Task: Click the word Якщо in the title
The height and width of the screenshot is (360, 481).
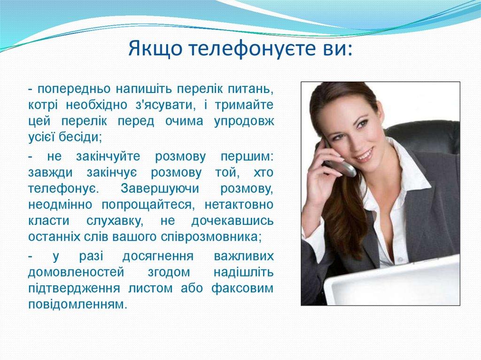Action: pyautogui.click(x=153, y=49)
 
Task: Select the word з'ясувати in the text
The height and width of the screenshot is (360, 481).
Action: pyautogui.click(x=162, y=105)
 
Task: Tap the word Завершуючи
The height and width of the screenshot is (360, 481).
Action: pyautogui.click(x=159, y=189)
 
